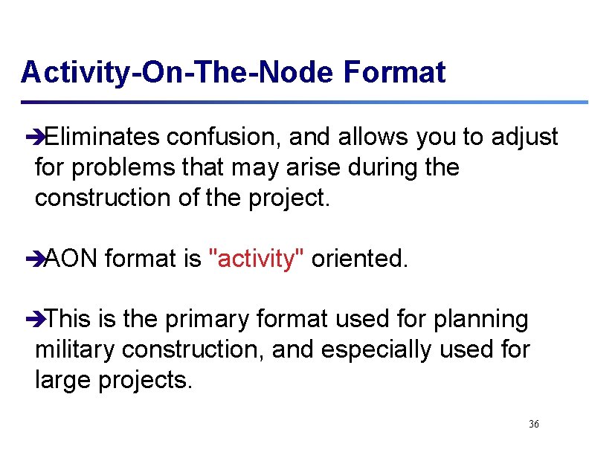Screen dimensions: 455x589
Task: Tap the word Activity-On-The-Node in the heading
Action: click(178, 73)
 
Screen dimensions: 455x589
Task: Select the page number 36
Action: click(533, 424)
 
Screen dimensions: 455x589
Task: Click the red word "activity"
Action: click(254, 259)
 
